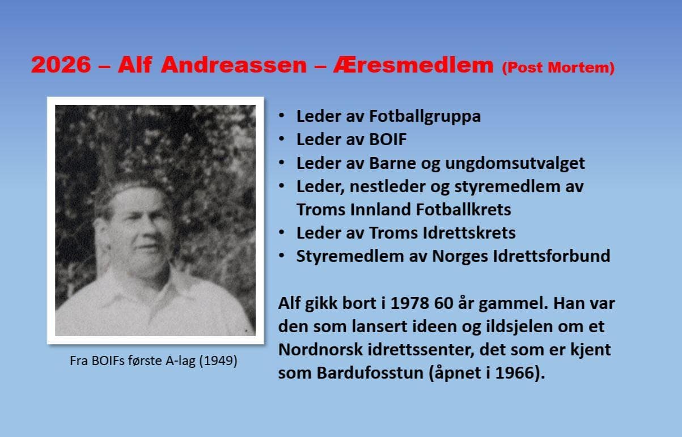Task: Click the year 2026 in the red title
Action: pyautogui.click(x=61, y=65)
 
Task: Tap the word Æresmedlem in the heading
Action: pyautogui.click(x=413, y=65)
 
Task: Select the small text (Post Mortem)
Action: pyautogui.click(x=558, y=67)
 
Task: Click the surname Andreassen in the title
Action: pyautogui.click(x=234, y=65)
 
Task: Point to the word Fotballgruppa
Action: pyautogui.click(x=425, y=117)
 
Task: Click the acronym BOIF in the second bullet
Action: pyautogui.click(x=388, y=139)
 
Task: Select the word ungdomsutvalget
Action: pyautogui.click(x=515, y=164)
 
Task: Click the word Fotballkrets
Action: pyautogui.click(x=463, y=210)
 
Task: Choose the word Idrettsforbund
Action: pyautogui.click(x=552, y=256)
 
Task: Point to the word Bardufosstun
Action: pyautogui.click(x=370, y=373)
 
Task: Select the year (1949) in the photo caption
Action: pyautogui.click(x=218, y=361)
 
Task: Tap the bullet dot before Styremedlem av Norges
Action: pyautogui.click(x=281, y=256)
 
